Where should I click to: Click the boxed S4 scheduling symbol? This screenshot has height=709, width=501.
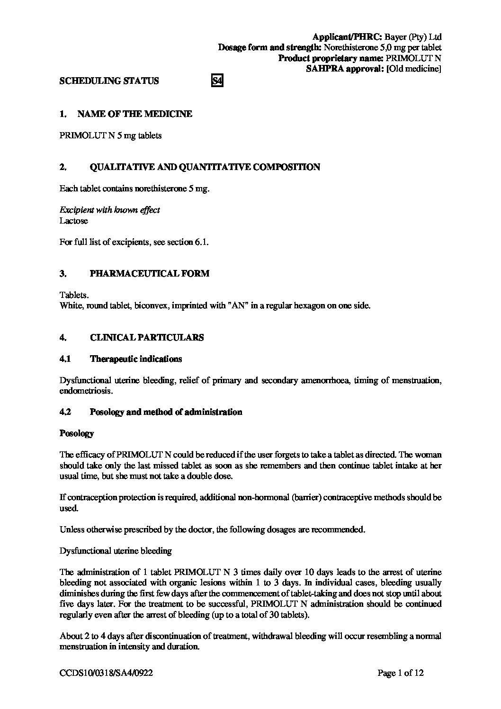(x=216, y=81)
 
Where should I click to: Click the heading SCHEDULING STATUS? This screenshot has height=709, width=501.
(x=109, y=81)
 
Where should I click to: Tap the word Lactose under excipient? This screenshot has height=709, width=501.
(x=73, y=221)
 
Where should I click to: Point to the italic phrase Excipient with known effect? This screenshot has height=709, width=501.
(x=110, y=210)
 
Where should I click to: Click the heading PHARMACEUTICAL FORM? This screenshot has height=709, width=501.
(x=149, y=274)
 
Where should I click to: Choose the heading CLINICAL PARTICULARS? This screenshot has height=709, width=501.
(x=147, y=338)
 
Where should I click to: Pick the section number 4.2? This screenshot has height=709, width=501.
(x=65, y=412)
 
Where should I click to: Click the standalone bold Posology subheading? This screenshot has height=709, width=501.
(x=77, y=433)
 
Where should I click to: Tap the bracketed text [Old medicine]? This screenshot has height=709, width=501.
(x=414, y=69)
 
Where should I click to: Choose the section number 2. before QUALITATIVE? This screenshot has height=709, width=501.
(x=63, y=167)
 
